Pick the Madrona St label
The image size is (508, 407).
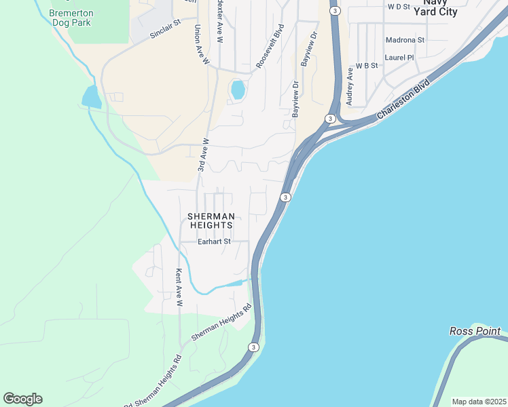coord(405,40)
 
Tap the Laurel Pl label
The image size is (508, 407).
coord(399,58)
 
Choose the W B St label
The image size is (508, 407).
coord(366,66)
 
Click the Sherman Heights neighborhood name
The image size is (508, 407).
coord(211,220)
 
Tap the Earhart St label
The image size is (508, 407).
coord(214,241)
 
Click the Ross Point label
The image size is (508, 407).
coord(475,331)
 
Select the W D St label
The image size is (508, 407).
coord(399,7)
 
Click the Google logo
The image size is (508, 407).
coord(22,399)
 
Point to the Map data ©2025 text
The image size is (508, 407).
coord(478,402)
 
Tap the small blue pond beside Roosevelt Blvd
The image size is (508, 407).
coord(238,90)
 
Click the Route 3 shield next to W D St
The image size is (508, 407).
coord(335,11)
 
